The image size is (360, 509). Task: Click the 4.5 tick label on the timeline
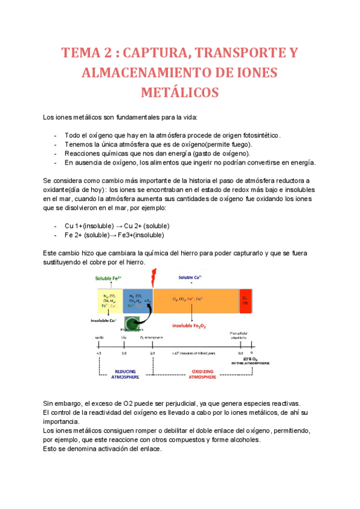99,355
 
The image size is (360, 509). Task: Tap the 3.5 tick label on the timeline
124,355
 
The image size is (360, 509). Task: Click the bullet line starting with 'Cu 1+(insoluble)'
117,226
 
